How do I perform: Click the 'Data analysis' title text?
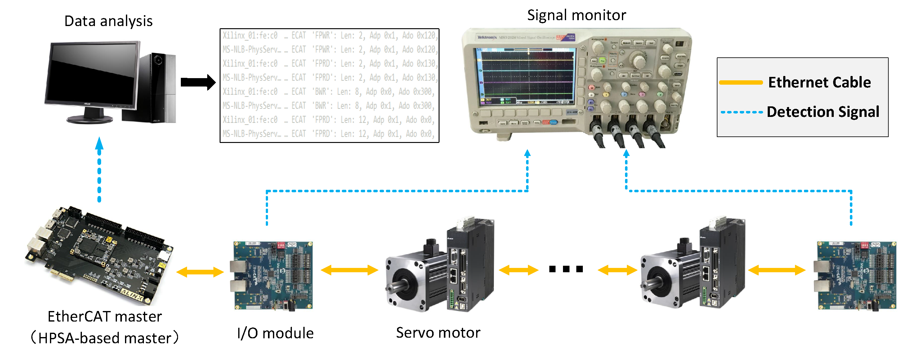click(x=108, y=21)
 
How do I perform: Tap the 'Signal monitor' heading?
click(x=576, y=15)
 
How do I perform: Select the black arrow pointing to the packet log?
click(x=198, y=82)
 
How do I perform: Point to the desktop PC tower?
click(x=156, y=88)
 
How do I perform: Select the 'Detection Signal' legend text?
click(x=823, y=112)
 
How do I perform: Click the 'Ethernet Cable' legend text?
click(x=819, y=82)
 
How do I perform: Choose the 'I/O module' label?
click(x=275, y=333)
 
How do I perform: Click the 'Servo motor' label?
click(x=438, y=332)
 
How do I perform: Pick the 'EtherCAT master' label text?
click(x=105, y=317)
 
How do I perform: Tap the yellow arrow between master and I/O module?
click(x=200, y=272)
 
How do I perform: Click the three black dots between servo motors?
click(x=566, y=269)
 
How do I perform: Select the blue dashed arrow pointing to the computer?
click(x=99, y=170)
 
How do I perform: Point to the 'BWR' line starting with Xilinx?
click(x=329, y=91)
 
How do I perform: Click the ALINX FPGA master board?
click(x=99, y=255)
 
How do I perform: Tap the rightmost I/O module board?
click(x=856, y=275)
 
